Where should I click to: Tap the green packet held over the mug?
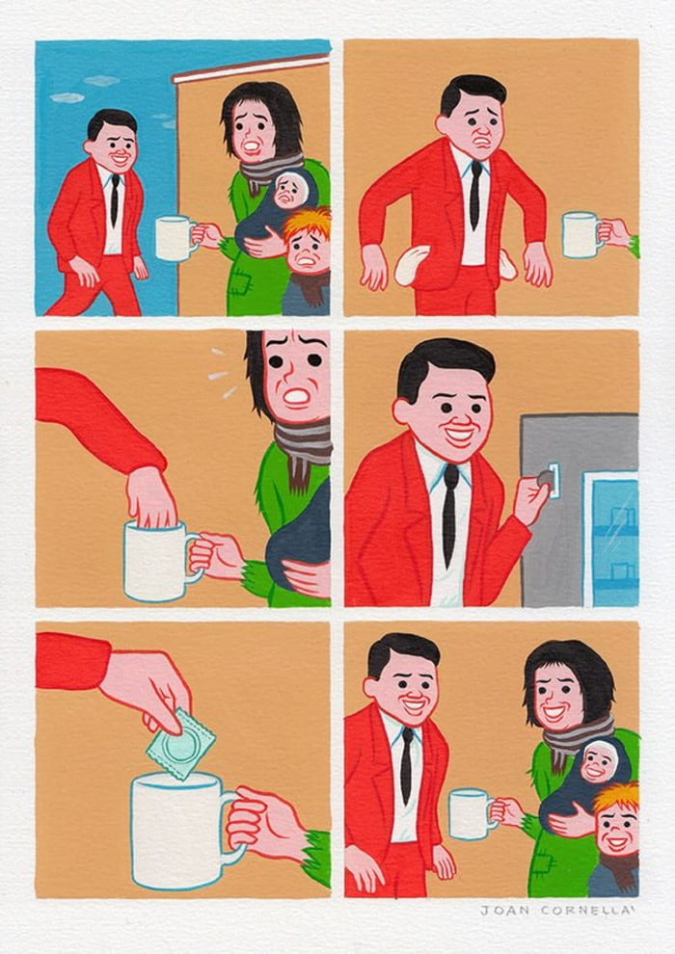pos(180,744)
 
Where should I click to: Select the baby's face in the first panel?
pos(287,191)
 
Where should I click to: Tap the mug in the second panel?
pos(581,234)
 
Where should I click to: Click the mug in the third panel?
pos(157,562)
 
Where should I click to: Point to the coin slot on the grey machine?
pos(554,479)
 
